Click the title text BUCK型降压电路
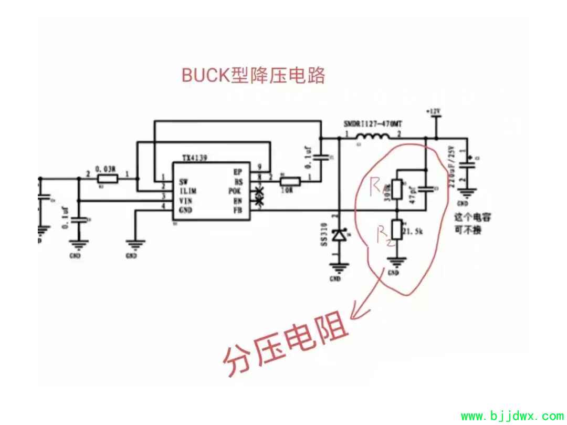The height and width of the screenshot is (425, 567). [253, 75]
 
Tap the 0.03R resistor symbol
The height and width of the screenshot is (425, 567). [107, 179]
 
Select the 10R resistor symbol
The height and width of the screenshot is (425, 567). [290, 182]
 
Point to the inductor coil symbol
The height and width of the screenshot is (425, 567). [372, 138]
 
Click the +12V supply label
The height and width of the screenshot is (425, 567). [433, 112]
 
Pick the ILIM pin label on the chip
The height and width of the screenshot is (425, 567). [187, 191]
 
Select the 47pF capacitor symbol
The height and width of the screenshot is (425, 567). [425, 189]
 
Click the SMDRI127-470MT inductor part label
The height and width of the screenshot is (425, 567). [373, 125]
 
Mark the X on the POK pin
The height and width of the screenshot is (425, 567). [258, 191]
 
